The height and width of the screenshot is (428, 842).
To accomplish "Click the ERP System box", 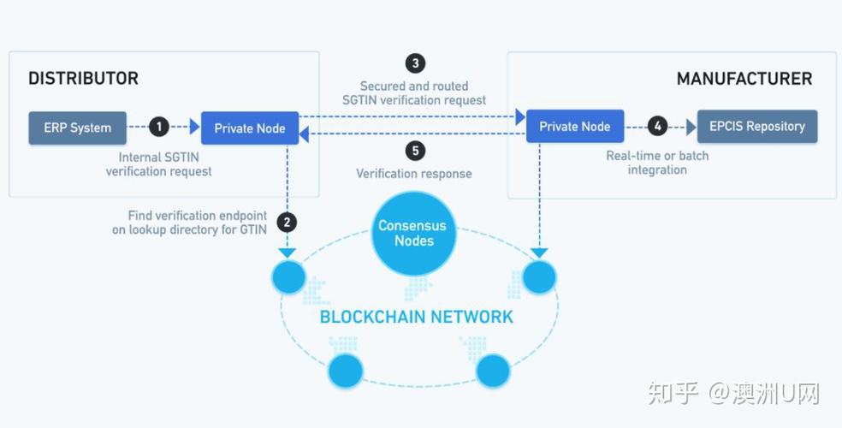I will (x=78, y=128).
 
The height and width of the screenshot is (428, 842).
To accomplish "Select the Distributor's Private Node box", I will (x=250, y=128).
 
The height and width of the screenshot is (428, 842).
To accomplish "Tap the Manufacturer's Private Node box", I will (x=575, y=126).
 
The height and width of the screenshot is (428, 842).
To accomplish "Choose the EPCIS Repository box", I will (x=757, y=126).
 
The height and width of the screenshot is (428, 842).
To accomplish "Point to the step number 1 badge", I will (x=158, y=128).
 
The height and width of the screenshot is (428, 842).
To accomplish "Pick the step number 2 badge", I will (x=288, y=223).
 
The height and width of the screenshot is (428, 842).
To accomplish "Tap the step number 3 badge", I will (x=415, y=63).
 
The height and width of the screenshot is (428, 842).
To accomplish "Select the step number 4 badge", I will (x=657, y=126).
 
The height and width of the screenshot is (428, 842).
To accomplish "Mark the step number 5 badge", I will (x=415, y=151).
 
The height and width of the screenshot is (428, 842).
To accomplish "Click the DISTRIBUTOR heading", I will (x=83, y=79).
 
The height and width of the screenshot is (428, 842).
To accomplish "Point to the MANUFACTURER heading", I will (x=744, y=79).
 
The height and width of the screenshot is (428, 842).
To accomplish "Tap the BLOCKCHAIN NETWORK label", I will (x=417, y=317).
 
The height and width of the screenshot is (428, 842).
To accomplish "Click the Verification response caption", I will (x=414, y=174).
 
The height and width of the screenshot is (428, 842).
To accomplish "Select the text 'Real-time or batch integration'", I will (x=657, y=163).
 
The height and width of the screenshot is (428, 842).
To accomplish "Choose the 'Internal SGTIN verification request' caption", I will (x=159, y=164).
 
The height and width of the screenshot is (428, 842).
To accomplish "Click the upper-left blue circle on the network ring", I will (x=288, y=277).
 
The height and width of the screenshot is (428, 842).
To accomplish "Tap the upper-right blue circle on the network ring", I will (x=540, y=277).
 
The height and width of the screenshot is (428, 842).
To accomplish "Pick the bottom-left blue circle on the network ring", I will (x=346, y=371).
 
